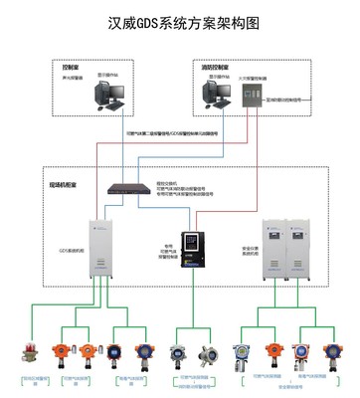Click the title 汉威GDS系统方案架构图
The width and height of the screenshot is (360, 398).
[181, 21]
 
